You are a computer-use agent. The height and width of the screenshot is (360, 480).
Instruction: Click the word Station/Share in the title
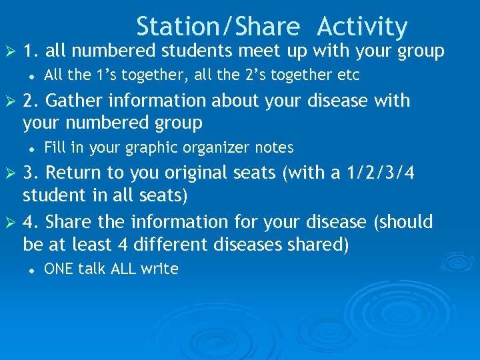(219, 27)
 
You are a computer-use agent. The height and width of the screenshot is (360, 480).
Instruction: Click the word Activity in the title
(362, 27)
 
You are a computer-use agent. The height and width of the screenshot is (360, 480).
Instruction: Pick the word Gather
(78, 101)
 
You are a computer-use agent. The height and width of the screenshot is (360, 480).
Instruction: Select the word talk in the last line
(91, 269)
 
